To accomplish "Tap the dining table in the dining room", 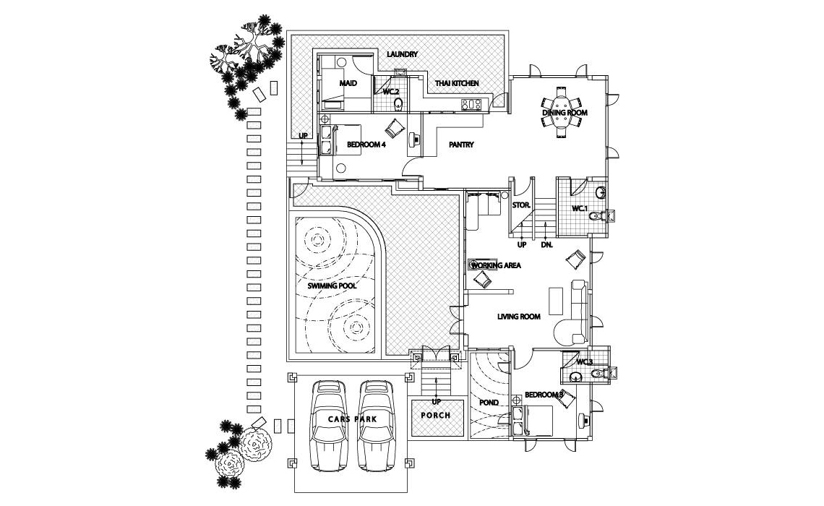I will pyautogui.click(x=560, y=112).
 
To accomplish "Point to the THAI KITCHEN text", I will pyautogui.click(x=456, y=84).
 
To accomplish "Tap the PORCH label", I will pyautogui.click(x=436, y=416).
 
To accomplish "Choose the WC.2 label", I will pyautogui.click(x=391, y=92).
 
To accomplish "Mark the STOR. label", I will pyautogui.click(x=521, y=205).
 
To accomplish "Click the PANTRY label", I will pyautogui.click(x=461, y=145).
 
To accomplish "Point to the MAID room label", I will pyautogui.click(x=348, y=84).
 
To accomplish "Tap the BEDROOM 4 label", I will pyautogui.click(x=366, y=145).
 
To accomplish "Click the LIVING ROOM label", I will pyautogui.click(x=519, y=317).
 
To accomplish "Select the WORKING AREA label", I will pyautogui.click(x=497, y=265).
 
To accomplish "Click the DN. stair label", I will pyautogui.click(x=546, y=245).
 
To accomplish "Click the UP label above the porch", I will pyautogui.click(x=436, y=402).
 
